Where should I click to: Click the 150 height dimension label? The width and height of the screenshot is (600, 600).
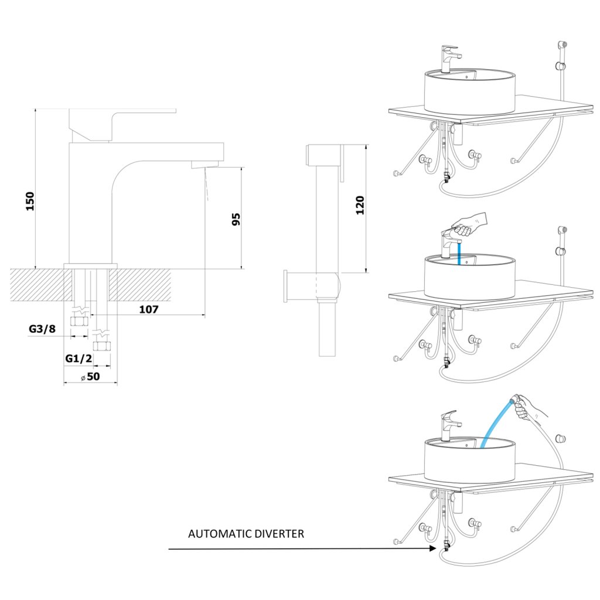tap(30, 201)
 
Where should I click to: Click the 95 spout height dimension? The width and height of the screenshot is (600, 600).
tap(236, 219)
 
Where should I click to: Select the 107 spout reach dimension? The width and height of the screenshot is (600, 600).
tap(148, 309)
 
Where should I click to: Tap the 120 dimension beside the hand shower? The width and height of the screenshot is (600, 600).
tap(360, 205)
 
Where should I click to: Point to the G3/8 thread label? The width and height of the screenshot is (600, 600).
tap(42, 329)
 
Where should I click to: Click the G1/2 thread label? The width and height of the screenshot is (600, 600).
tap(79, 359)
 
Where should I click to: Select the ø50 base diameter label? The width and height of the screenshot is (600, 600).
tap(90, 377)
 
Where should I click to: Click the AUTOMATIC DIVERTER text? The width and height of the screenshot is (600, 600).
tap(246, 533)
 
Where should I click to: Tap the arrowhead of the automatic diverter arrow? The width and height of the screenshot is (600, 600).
tap(433, 548)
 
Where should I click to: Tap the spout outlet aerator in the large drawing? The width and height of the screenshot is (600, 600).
tap(204, 165)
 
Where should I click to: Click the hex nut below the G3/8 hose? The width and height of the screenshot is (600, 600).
tap(80, 321)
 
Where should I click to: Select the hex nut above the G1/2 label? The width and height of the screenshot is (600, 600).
tap(102, 346)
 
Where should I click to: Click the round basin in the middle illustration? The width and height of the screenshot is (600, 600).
tap(469, 277)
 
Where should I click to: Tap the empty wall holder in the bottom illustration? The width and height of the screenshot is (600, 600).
tap(561, 438)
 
